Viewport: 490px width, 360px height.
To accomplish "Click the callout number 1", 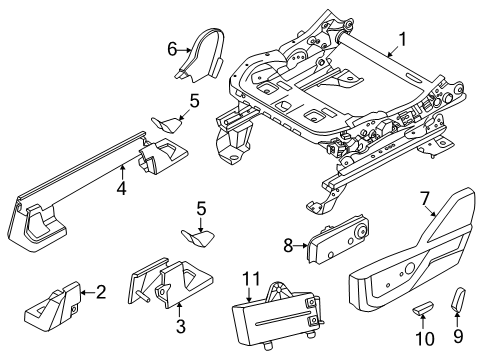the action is coord(403,39).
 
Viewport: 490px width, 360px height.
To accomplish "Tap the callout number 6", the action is coord(172,50).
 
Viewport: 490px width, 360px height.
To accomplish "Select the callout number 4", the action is coord(122,189).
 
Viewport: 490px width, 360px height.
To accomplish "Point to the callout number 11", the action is coord(251,278).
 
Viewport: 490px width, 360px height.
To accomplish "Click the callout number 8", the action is coord(288,246).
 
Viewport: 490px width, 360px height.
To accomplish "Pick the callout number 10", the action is coord(425,339).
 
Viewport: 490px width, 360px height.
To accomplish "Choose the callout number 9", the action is coord(458,336).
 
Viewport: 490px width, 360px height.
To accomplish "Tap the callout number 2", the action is coord(101,292).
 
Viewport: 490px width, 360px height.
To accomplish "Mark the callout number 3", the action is coord(180,326).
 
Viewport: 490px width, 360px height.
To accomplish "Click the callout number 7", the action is coord(424,199).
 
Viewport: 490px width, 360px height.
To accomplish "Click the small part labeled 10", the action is coord(423,307).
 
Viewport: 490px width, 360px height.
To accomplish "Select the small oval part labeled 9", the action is coord(459,299).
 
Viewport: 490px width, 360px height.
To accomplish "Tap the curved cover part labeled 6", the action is coord(202,57).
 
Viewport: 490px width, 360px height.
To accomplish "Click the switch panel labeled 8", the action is coord(338,239).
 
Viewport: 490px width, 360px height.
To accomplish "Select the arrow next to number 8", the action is coord(300,246).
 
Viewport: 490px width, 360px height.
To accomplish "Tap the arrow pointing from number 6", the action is coord(184,50).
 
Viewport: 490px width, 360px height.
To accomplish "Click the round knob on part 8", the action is coord(360,232).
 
